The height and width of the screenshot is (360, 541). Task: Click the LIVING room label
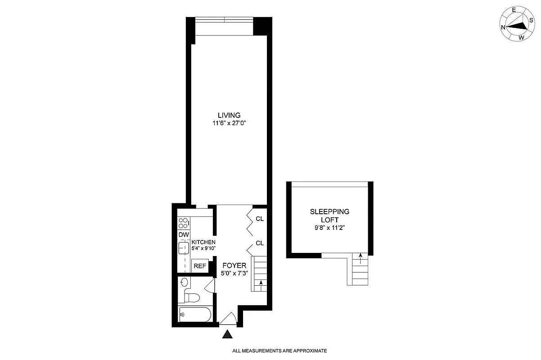pyautogui.click(x=229, y=115)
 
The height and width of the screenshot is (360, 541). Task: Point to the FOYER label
pyautogui.click(x=234, y=266)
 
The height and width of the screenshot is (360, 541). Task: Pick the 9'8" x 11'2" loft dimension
pyautogui.click(x=329, y=228)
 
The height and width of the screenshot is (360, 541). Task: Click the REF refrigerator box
pyautogui.click(x=200, y=266)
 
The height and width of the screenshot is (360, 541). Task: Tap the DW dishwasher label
pyautogui.click(x=183, y=235)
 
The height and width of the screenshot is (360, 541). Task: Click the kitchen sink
pyautogui.click(x=184, y=248)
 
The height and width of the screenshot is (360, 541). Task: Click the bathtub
pyautogui.click(x=194, y=315)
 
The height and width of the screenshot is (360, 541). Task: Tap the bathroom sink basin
pyautogui.click(x=185, y=283)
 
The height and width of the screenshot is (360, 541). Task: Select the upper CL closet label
pyautogui.click(x=260, y=219)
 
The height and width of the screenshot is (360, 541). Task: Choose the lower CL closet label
pyautogui.click(x=260, y=243)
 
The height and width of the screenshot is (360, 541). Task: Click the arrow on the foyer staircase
pyautogui.click(x=261, y=283)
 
